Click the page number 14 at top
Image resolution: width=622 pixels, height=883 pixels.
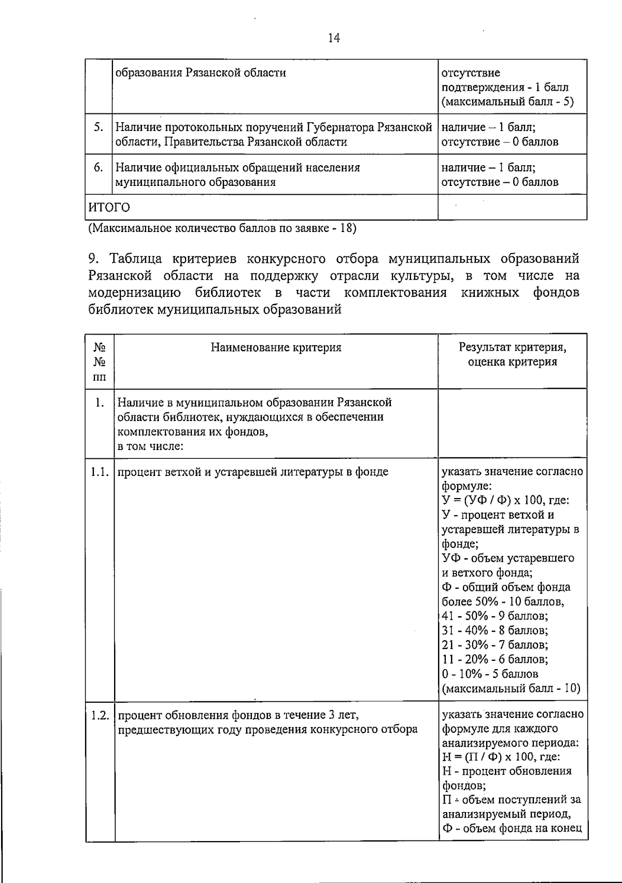tap(334, 38)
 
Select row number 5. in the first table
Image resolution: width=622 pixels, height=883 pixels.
tap(99, 127)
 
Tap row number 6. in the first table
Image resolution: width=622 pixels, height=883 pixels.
tap(99, 167)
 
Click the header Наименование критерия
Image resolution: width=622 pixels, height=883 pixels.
tap(276, 348)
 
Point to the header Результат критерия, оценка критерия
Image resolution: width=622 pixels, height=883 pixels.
tap(512, 354)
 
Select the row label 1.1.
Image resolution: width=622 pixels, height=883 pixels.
tap(99, 472)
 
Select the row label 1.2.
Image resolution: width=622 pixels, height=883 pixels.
tap(99, 715)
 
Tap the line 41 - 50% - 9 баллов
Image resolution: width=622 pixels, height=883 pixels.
tap(495, 616)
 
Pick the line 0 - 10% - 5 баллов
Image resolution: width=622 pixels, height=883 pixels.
tap(490, 674)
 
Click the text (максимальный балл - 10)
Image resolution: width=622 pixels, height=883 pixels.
tap(511, 688)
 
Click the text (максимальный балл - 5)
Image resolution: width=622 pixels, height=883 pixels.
tap(507, 102)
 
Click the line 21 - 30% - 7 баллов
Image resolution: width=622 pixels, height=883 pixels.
tap(495, 645)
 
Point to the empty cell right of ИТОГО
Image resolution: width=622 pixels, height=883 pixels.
tap(512, 208)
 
